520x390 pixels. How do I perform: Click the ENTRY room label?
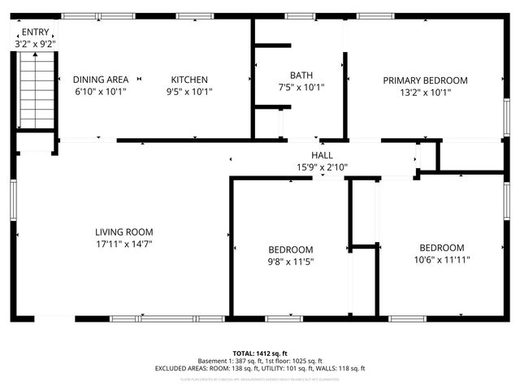click(35, 32)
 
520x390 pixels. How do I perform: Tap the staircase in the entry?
click(36, 89)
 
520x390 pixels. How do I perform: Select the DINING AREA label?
click(101, 80)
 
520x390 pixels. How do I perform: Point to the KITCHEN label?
click(189, 80)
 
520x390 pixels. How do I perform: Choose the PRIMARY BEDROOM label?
click(425, 80)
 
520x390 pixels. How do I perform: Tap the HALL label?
click(322, 155)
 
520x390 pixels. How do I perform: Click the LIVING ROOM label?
click(123, 232)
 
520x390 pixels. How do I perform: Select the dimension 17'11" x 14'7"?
click(123, 243)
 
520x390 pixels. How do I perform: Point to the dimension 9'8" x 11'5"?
click(291, 262)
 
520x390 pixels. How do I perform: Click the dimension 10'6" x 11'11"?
click(441, 259)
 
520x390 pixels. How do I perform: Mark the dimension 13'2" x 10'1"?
click(425, 92)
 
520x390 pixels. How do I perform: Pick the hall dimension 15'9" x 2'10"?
click(322, 167)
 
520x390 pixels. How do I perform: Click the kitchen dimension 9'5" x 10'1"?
click(189, 92)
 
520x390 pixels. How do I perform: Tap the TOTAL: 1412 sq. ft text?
click(260, 353)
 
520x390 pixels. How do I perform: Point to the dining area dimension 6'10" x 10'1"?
click(101, 92)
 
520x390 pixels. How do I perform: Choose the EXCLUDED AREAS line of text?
click(260, 368)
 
